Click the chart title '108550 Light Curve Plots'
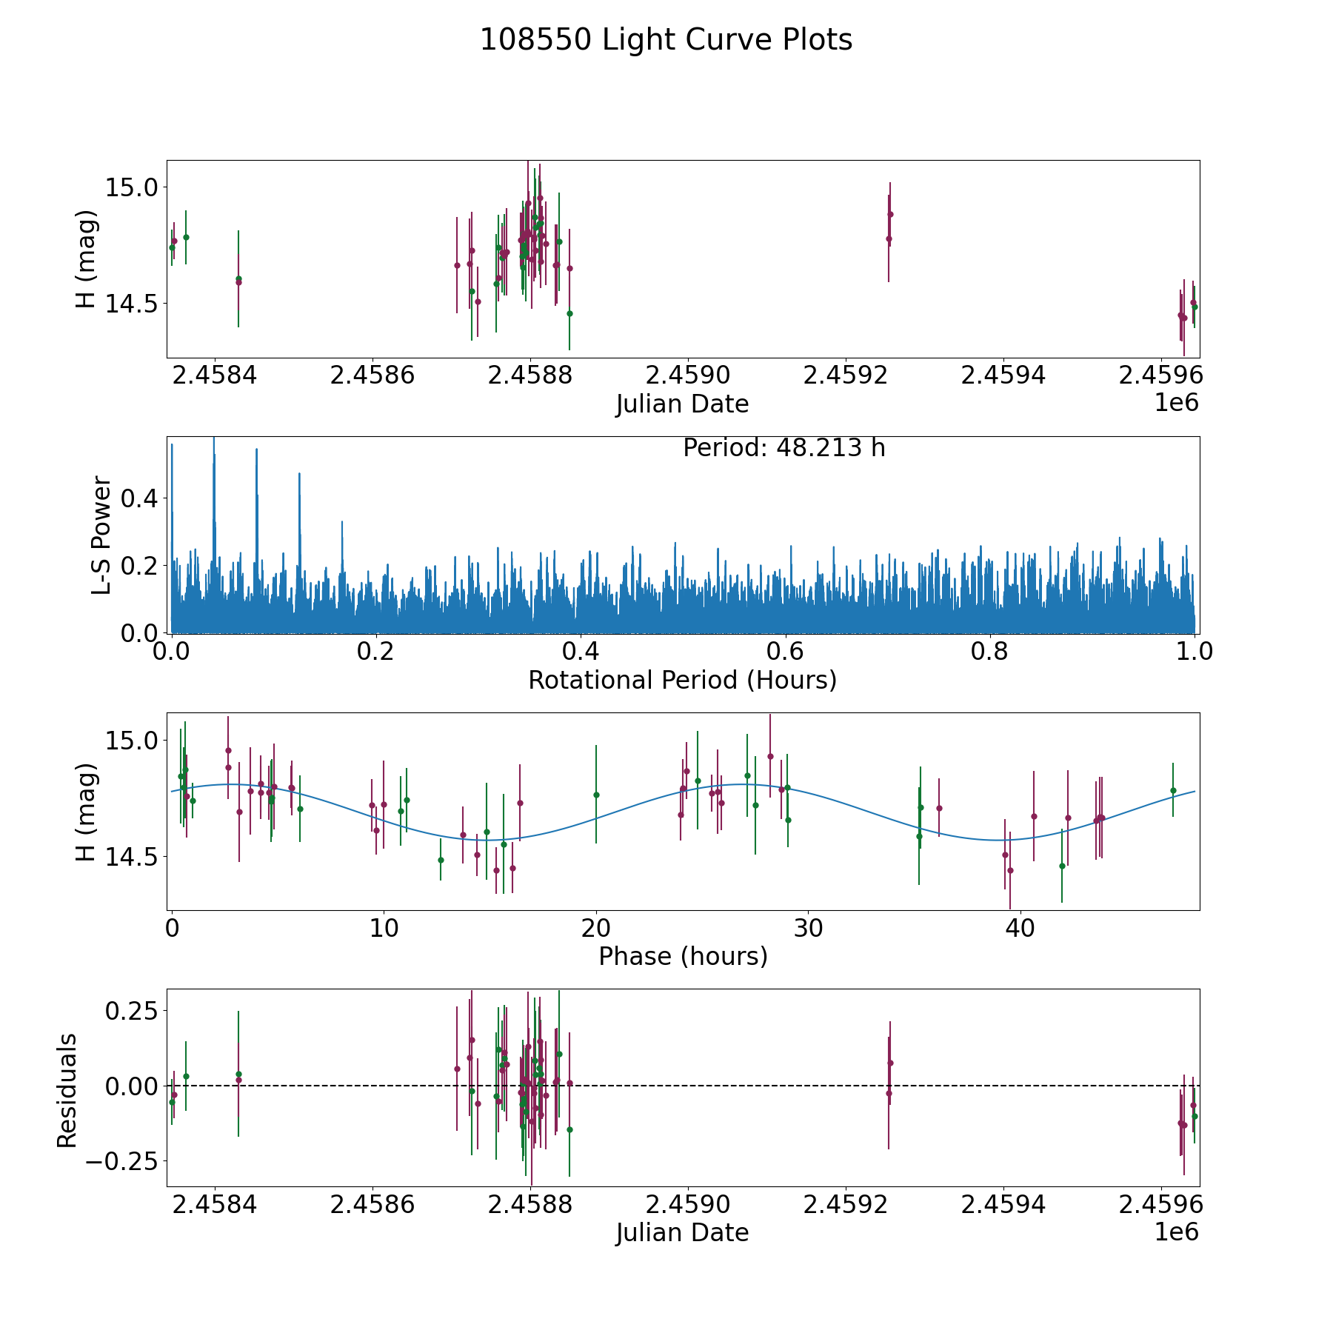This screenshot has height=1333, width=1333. click(x=666, y=40)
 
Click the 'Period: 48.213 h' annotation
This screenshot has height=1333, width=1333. click(x=784, y=448)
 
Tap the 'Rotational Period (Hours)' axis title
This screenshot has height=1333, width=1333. click(x=682, y=680)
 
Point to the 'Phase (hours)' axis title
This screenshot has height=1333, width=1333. click(x=682, y=956)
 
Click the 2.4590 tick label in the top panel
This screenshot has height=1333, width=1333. click(x=687, y=375)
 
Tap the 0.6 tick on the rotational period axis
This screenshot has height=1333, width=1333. click(x=785, y=652)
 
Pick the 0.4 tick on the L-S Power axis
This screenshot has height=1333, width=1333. click(x=139, y=498)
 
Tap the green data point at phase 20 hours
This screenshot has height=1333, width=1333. click(x=596, y=795)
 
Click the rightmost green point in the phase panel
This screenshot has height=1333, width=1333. click(x=1173, y=790)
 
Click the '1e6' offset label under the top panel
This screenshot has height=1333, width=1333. click(x=1176, y=403)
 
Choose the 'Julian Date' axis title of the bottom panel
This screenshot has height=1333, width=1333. click(x=682, y=1232)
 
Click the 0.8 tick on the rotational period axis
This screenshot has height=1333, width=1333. click(x=990, y=652)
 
